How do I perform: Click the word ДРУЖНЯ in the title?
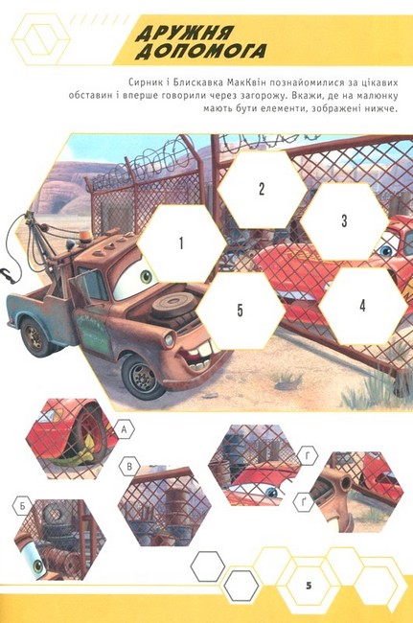coord(184,33)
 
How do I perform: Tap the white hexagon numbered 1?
coord(181,243)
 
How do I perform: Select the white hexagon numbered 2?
coord(262,189)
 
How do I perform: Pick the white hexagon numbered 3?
coord(344,220)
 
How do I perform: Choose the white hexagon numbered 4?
coord(362,306)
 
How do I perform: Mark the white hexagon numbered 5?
coord(241,311)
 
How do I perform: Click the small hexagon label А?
coord(125,429)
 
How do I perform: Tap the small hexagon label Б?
coord(23,506)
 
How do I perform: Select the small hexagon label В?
coord(129,466)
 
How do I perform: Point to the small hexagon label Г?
coord(308,457)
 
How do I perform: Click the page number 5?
coord(309,585)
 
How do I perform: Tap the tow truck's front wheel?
coord(142,376)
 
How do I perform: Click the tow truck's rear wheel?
coord(34,336)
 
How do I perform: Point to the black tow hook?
coord(9,276)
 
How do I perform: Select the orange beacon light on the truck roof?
coord(84,237)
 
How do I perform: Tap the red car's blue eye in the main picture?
coord(385,250)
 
